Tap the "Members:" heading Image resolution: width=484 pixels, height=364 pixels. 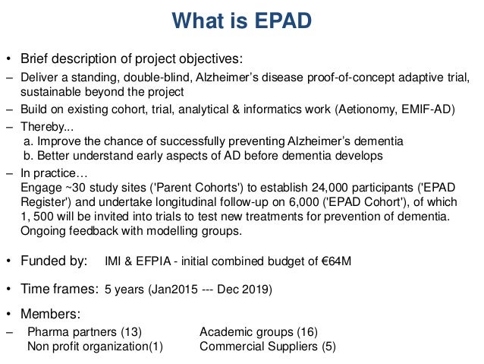[51, 314]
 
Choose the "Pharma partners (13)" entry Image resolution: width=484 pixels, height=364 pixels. [84, 332]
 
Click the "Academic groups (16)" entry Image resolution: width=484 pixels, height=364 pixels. [259, 332]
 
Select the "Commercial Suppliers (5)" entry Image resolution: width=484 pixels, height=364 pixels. [267, 347]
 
